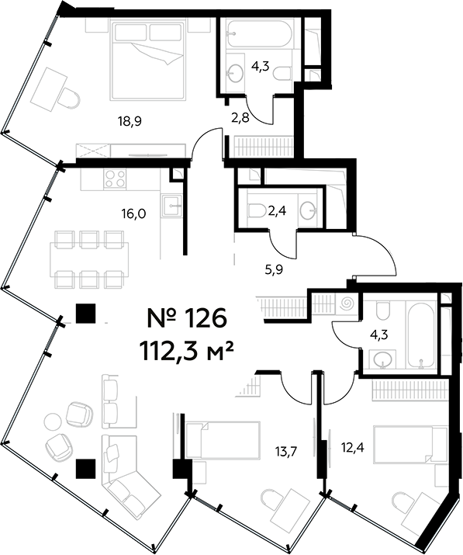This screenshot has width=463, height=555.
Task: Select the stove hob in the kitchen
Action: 116,179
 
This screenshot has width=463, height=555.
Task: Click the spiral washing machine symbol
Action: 346,302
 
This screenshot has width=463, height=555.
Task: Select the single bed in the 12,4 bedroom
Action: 403,442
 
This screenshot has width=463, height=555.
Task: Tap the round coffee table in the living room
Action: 53,421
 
